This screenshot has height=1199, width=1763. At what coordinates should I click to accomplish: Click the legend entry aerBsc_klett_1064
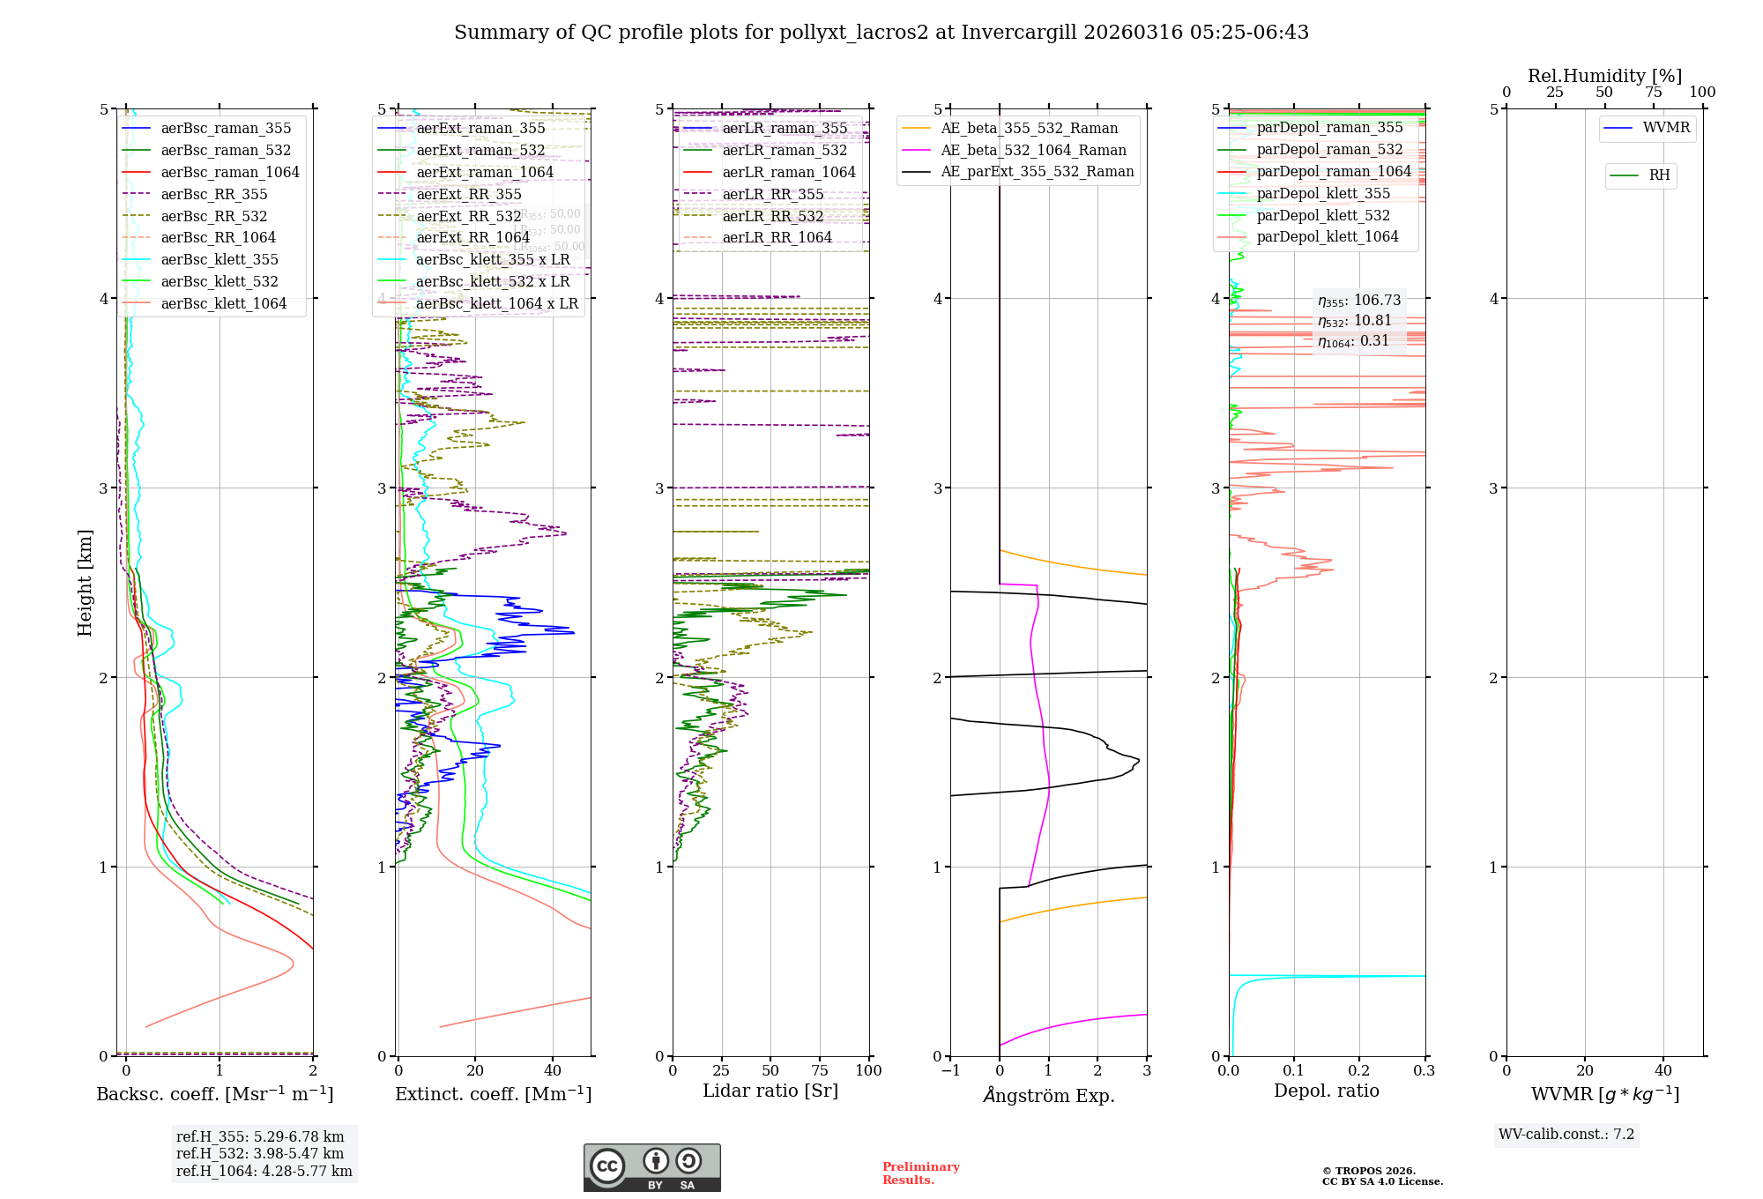pos(223,303)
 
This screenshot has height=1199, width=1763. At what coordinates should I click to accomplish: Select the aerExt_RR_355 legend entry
pos(468,194)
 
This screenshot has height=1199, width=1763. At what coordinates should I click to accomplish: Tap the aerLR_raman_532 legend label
pos(785,150)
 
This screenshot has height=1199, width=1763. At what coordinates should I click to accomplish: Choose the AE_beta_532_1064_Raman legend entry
pos(1033,150)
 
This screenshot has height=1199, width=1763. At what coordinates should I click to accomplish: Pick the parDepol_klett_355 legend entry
pos(1323,193)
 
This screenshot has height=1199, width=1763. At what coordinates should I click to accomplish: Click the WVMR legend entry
pos(1666,128)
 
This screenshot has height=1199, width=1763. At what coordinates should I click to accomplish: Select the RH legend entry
pos(1659,175)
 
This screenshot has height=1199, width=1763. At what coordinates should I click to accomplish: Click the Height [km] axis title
pos(85,582)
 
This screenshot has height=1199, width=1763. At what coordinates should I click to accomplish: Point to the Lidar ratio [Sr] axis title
pos(770,1091)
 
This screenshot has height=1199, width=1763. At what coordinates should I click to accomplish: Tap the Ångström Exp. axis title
pos(1048,1095)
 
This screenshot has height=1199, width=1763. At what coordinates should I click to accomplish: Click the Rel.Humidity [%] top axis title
pos(1604,76)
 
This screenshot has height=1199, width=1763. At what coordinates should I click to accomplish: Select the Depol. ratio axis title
pos(1326,1091)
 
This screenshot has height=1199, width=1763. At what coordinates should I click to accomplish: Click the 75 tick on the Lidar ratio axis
pos(820,1070)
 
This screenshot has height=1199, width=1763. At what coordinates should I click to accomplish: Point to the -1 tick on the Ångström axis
pos(949,1070)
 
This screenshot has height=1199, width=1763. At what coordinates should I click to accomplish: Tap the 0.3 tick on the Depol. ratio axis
pos(1424,1070)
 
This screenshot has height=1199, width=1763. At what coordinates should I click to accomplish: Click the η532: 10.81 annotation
pos(1355,321)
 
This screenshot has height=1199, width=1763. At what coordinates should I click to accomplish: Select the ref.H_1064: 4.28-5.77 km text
pos(264,1171)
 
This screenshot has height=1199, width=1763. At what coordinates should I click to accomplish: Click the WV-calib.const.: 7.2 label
pos(1566,1134)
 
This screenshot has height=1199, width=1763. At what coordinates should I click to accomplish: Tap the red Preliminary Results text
pos(920,1173)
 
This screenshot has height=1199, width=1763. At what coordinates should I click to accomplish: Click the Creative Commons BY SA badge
pos(651,1167)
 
